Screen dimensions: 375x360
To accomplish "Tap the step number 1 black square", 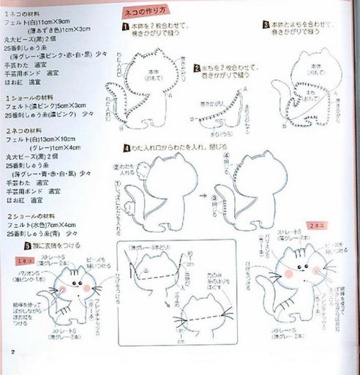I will pos(126,26).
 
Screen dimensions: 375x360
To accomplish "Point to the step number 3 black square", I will pos(265,25).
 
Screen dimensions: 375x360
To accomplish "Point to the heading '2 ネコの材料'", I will pos(25,130).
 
